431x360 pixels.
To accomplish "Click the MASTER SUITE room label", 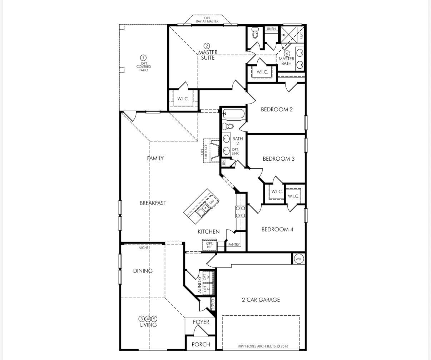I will [x=208, y=55].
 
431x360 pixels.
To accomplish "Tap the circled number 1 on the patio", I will [x=143, y=58].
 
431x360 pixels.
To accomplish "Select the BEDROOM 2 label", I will [x=277, y=110].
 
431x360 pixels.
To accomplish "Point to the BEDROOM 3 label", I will [x=278, y=159].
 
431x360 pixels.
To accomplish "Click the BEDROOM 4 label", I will [x=277, y=230].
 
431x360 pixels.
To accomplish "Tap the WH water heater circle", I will [x=298, y=259].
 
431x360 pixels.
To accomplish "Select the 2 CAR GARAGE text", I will [x=261, y=300].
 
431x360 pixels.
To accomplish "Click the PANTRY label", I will [x=234, y=245].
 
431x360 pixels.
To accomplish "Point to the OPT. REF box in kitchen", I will [x=209, y=245].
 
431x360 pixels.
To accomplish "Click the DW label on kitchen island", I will [x=212, y=202].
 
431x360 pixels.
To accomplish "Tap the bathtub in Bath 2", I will [x=234, y=114].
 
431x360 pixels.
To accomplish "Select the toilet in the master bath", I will [x=255, y=33].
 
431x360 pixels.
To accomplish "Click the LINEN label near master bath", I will [x=271, y=29].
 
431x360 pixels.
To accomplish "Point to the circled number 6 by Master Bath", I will [x=287, y=54].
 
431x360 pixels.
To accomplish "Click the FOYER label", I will [x=201, y=322].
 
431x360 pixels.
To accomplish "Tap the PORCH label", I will [x=200, y=345].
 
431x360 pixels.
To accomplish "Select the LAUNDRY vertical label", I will [x=200, y=286].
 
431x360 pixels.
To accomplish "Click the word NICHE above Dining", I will [x=143, y=247].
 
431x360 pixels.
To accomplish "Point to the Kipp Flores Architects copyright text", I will [x=263, y=346].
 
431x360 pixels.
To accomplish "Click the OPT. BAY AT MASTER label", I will [x=207, y=20].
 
